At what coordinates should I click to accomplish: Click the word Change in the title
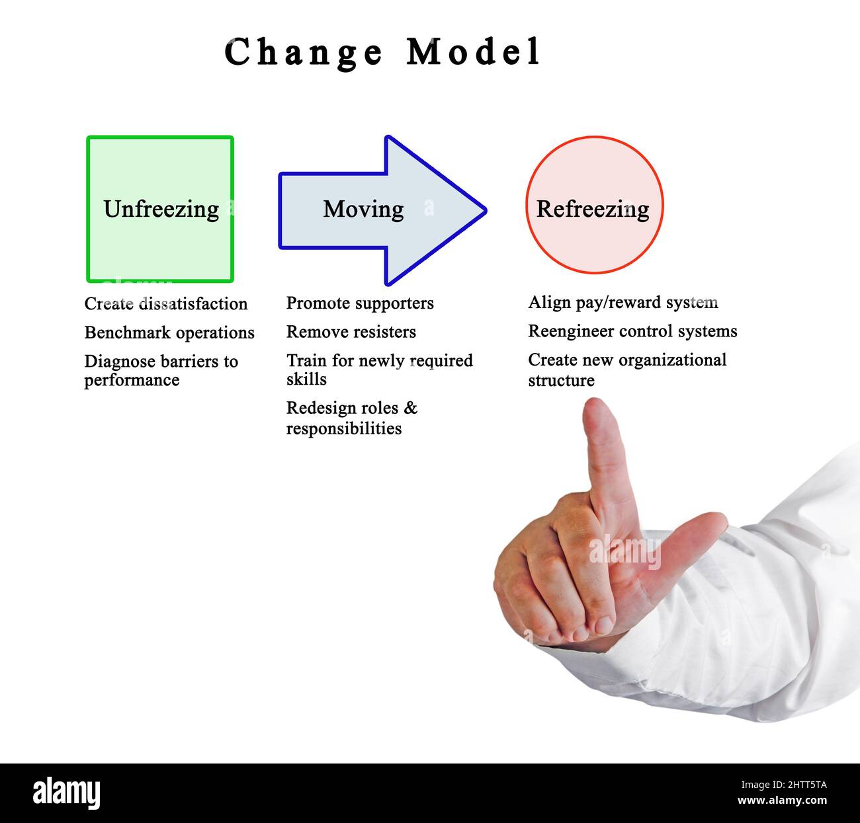click(x=304, y=53)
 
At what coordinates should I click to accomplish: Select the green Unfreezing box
click(x=160, y=210)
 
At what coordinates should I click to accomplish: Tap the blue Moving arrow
click(x=382, y=210)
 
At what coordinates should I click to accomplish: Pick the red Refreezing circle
click(x=593, y=206)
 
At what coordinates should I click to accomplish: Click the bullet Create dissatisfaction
click(x=165, y=303)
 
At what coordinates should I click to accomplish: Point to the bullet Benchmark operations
click(x=169, y=333)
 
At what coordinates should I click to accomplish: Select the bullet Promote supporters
click(x=360, y=303)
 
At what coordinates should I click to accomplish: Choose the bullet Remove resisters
click(x=351, y=332)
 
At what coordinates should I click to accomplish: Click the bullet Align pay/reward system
click(x=623, y=302)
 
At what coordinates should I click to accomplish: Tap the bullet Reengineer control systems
click(x=632, y=331)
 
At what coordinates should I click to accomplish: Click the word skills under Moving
click(x=306, y=379)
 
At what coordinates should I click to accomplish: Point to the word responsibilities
click(x=343, y=428)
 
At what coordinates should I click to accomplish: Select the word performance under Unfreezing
click(x=132, y=380)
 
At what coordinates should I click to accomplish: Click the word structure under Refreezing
click(x=561, y=381)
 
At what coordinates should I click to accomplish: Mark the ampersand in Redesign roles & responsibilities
click(x=411, y=408)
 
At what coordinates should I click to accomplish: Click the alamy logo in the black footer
click(x=66, y=793)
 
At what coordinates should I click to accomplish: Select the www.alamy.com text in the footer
click(x=781, y=801)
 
